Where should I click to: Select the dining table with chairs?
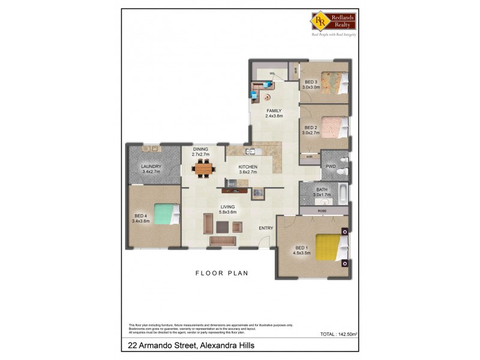(x=203, y=169)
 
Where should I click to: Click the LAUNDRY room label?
(x=151, y=166)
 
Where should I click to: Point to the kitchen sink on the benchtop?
(x=250, y=151)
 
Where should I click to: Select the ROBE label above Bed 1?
(x=322, y=212)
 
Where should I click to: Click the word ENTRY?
(x=266, y=228)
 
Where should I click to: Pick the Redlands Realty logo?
(x=333, y=22)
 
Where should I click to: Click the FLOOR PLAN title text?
(x=221, y=273)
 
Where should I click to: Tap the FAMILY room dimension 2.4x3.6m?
(x=274, y=116)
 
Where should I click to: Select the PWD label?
(x=330, y=167)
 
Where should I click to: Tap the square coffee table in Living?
(x=222, y=226)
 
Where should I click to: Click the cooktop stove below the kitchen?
(x=257, y=193)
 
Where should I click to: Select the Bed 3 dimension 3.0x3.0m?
(x=311, y=87)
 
